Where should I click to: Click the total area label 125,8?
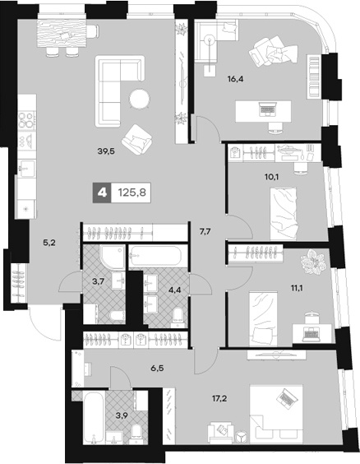point(132,193)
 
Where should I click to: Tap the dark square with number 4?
point(102,193)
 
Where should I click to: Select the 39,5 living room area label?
point(106,151)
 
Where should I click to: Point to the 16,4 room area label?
point(235,79)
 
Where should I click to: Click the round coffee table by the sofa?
point(140,99)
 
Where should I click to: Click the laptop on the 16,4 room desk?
point(267,109)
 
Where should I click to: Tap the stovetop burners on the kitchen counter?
point(26,121)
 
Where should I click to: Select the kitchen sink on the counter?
point(26,169)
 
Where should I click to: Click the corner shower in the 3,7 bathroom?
point(113,257)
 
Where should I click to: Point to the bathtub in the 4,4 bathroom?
point(155,256)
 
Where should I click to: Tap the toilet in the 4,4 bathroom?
point(178,317)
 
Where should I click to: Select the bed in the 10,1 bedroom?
point(284,214)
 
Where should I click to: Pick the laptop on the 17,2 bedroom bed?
point(285,397)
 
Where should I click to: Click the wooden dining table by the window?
point(62,35)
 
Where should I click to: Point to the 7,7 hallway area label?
point(205,231)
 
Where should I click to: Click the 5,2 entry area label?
point(49,244)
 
